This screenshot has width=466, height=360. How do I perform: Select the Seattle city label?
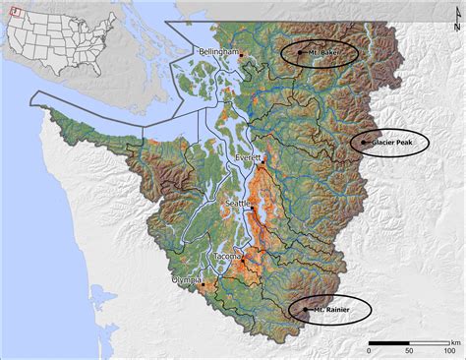pos(239,204)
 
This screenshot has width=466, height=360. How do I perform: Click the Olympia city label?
pos(186,279)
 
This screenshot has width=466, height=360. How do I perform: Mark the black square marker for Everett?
pos(263,161)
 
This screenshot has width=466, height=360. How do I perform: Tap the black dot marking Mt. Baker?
pos(300,52)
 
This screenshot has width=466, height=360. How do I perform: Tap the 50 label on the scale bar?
pos(409,350)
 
